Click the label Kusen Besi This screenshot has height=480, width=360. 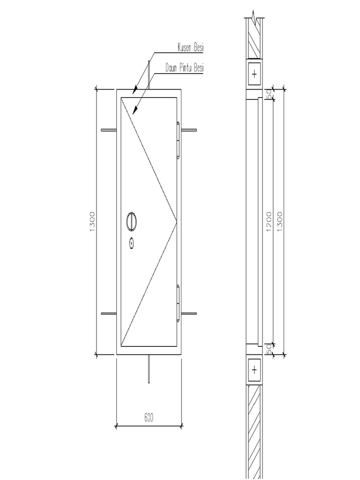[191, 47]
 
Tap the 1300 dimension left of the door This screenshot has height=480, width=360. [92, 221]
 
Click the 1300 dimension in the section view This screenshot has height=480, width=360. [280, 221]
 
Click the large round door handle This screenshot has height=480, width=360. [132, 221]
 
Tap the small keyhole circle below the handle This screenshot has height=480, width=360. [132, 243]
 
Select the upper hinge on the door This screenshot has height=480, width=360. [179, 139]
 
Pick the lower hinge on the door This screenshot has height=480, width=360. [179, 302]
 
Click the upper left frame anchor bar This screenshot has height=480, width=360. [109, 129]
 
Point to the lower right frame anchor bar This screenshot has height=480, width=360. [189, 312]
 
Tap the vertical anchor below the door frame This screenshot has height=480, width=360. [149, 369]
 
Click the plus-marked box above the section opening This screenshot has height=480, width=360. [254, 74]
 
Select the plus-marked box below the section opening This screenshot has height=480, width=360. [254, 370]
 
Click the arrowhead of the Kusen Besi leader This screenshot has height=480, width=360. [135, 89]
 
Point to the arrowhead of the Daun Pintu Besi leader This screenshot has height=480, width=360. [134, 112]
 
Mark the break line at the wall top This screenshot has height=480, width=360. [254, 16]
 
